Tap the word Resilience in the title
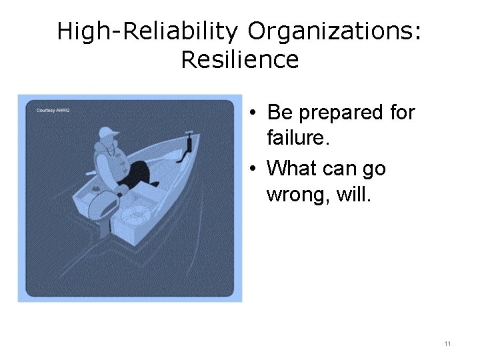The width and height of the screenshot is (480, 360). [x=239, y=60]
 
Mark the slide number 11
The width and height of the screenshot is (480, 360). [x=447, y=344]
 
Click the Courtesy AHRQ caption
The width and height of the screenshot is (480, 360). [x=53, y=110]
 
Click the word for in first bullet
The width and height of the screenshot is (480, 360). [x=401, y=113]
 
